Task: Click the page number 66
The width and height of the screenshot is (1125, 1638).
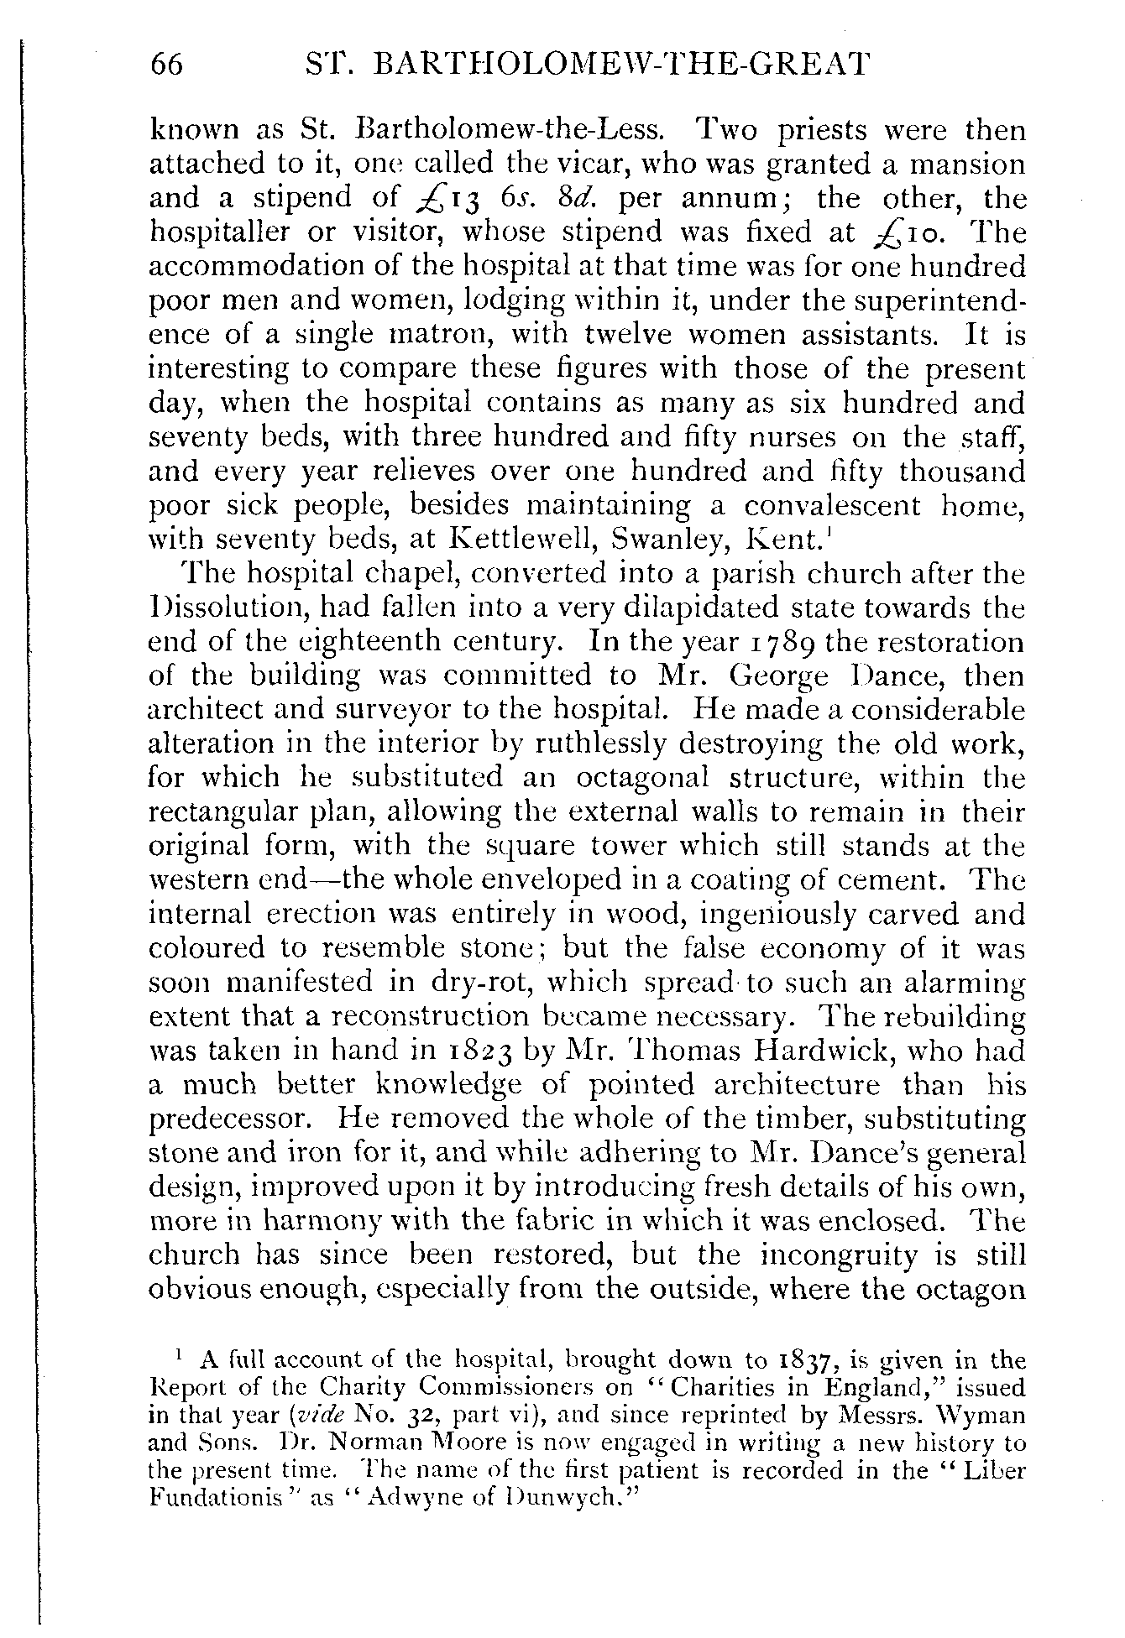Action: click(166, 65)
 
